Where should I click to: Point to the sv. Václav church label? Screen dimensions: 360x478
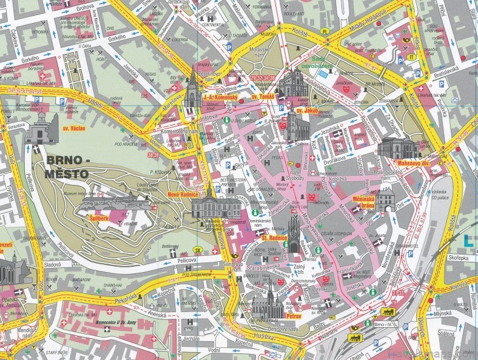coord(73,129)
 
